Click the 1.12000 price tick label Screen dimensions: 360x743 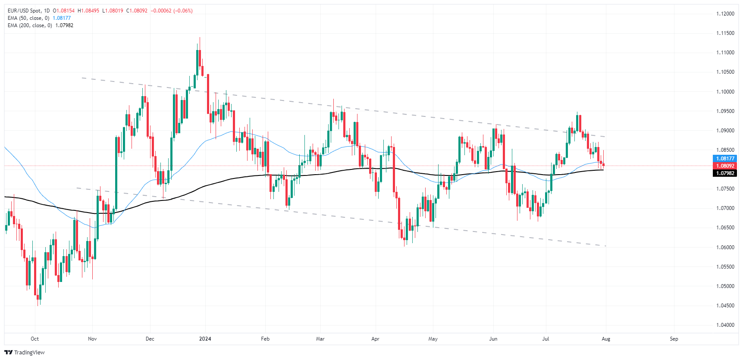[x=725, y=14]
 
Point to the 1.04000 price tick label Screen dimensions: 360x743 [x=725, y=325]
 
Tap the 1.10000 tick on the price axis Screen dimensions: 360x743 [x=725, y=92]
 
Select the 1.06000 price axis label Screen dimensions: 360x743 [x=725, y=247]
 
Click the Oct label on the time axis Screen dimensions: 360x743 [x=35, y=339]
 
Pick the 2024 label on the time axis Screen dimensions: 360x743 [x=205, y=339]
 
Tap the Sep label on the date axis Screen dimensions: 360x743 [x=674, y=339]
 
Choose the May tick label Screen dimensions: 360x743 [x=433, y=339]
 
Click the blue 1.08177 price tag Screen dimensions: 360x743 [x=725, y=159]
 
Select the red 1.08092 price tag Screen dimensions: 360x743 [x=725, y=166]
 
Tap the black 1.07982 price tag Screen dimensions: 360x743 [x=725, y=173]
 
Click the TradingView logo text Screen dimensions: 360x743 [x=25, y=352]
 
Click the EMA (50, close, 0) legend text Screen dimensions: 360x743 [x=28, y=18]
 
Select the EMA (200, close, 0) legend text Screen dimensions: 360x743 [x=30, y=25]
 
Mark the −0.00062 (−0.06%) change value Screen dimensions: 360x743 [x=172, y=11]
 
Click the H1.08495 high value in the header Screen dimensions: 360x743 [x=88, y=11]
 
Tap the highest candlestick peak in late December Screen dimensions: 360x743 [x=199, y=38]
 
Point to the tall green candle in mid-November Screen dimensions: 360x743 [x=116, y=172]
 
